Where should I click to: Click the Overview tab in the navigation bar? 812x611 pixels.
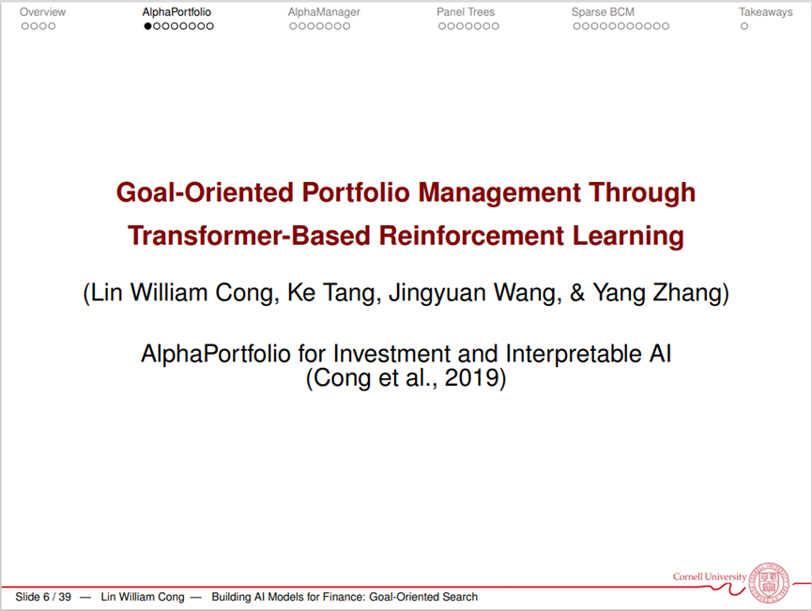(x=42, y=12)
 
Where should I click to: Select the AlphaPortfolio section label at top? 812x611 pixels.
(x=176, y=12)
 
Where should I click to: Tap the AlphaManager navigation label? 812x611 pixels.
(x=324, y=12)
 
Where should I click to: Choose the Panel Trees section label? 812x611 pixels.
(x=466, y=12)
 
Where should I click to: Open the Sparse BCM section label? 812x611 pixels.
(x=603, y=12)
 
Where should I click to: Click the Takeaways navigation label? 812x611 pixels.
(x=765, y=12)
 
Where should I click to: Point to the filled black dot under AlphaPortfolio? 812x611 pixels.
(x=148, y=26)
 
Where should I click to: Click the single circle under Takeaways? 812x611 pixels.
(x=744, y=26)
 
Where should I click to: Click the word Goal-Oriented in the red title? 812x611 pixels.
(x=205, y=192)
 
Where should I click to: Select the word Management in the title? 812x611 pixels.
(x=499, y=192)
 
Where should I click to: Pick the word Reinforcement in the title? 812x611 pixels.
(x=471, y=236)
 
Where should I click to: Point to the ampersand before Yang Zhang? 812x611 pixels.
(x=577, y=293)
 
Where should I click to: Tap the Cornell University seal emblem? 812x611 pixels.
(x=770, y=583)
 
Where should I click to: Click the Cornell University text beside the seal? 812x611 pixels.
(x=710, y=576)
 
